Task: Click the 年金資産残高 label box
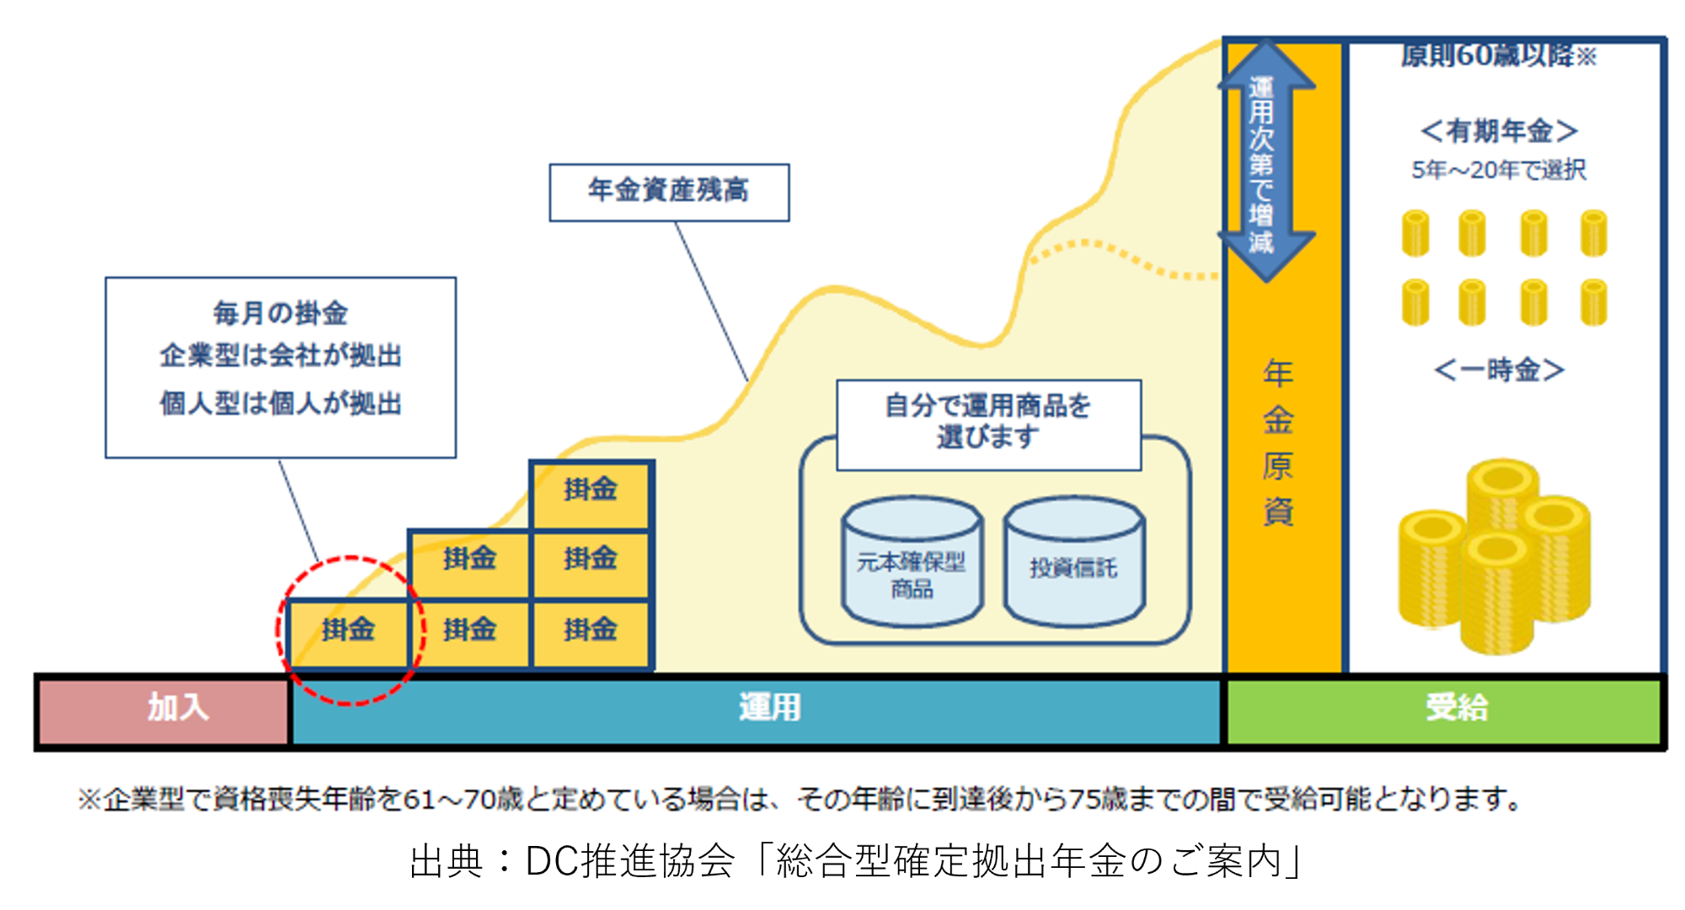pyautogui.click(x=669, y=191)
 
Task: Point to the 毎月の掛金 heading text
pyautogui.click(x=281, y=313)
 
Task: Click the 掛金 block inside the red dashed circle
pyautogui.click(x=348, y=630)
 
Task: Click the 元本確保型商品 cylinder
pyautogui.click(x=912, y=565)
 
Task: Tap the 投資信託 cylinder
pyautogui.click(x=1073, y=565)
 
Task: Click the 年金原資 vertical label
pyautogui.click(x=1278, y=442)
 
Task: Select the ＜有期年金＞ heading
pyautogui.click(x=1499, y=131)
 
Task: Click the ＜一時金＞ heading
pyautogui.click(x=1499, y=370)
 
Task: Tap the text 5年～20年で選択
pyautogui.click(x=1499, y=170)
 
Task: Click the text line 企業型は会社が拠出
pyautogui.click(x=281, y=356)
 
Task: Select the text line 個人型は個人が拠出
pyautogui.click(x=281, y=404)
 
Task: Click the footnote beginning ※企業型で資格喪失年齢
pyautogui.click(x=800, y=799)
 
